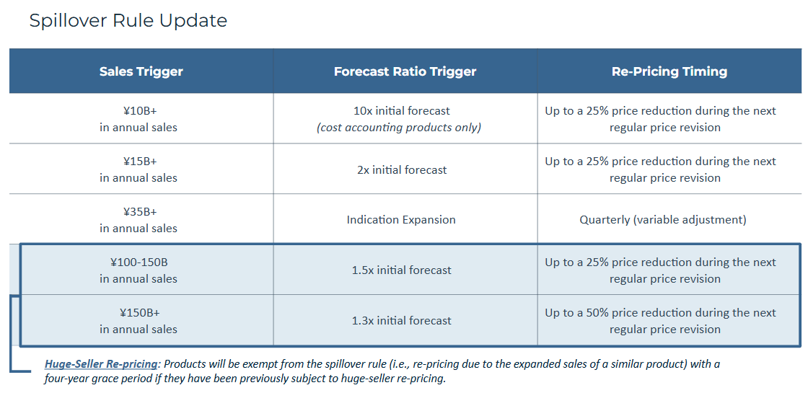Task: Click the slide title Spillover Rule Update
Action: (x=128, y=21)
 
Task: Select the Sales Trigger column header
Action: (x=141, y=71)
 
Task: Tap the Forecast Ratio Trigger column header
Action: (x=405, y=71)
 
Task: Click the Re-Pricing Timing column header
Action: (x=669, y=71)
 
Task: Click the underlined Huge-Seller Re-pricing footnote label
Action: (x=101, y=363)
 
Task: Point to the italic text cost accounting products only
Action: (x=399, y=127)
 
